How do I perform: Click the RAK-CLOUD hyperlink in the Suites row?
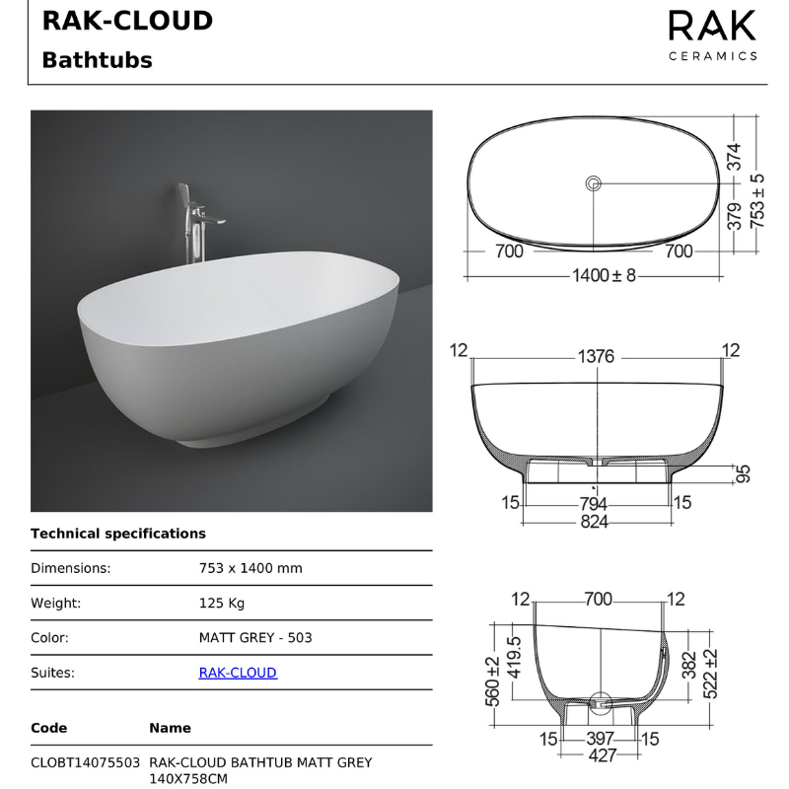click(238, 673)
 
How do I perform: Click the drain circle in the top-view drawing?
click(594, 182)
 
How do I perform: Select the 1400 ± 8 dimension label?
click(604, 276)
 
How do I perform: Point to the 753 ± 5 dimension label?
click(756, 201)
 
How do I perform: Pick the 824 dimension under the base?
click(594, 522)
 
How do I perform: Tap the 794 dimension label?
click(594, 504)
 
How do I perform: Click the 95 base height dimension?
click(744, 474)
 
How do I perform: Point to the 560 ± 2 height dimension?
click(492, 681)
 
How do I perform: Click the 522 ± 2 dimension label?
click(710, 670)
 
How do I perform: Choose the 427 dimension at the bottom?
click(602, 755)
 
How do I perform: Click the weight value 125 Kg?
click(222, 603)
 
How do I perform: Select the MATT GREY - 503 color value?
click(255, 637)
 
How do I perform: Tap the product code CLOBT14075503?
click(85, 762)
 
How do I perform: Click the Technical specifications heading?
click(118, 534)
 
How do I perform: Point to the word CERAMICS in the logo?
click(712, 55)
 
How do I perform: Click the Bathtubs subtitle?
click(97, 60)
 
